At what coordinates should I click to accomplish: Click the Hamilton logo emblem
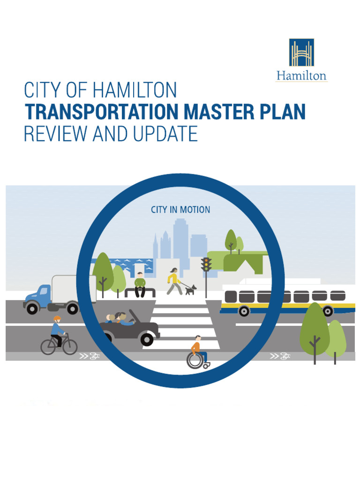pyautogui.click(x=301, y=52)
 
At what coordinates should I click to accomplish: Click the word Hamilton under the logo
pyautogui.click(x=301, y=75)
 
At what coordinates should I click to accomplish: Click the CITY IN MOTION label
pyautogui.click(x=180, y=210)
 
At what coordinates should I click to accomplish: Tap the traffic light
pyautogui.click(x=206, y=264)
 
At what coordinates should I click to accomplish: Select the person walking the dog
pyautogui.click(x=173, y=281)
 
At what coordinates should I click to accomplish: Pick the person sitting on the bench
pyautogui.click(x=140, y=284)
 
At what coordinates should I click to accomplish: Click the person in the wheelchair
pyautogui.click(x=196, y=352)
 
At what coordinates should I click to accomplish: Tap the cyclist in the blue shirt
pyautogui.click(x=57, y=331)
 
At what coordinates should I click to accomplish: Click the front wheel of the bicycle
pyautogui.click(x=70, y=347)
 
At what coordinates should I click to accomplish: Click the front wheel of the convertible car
pyautogui.click(x=147, y=339)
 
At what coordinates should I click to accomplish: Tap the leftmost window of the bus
pyautogui.click(x=231, y=296)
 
